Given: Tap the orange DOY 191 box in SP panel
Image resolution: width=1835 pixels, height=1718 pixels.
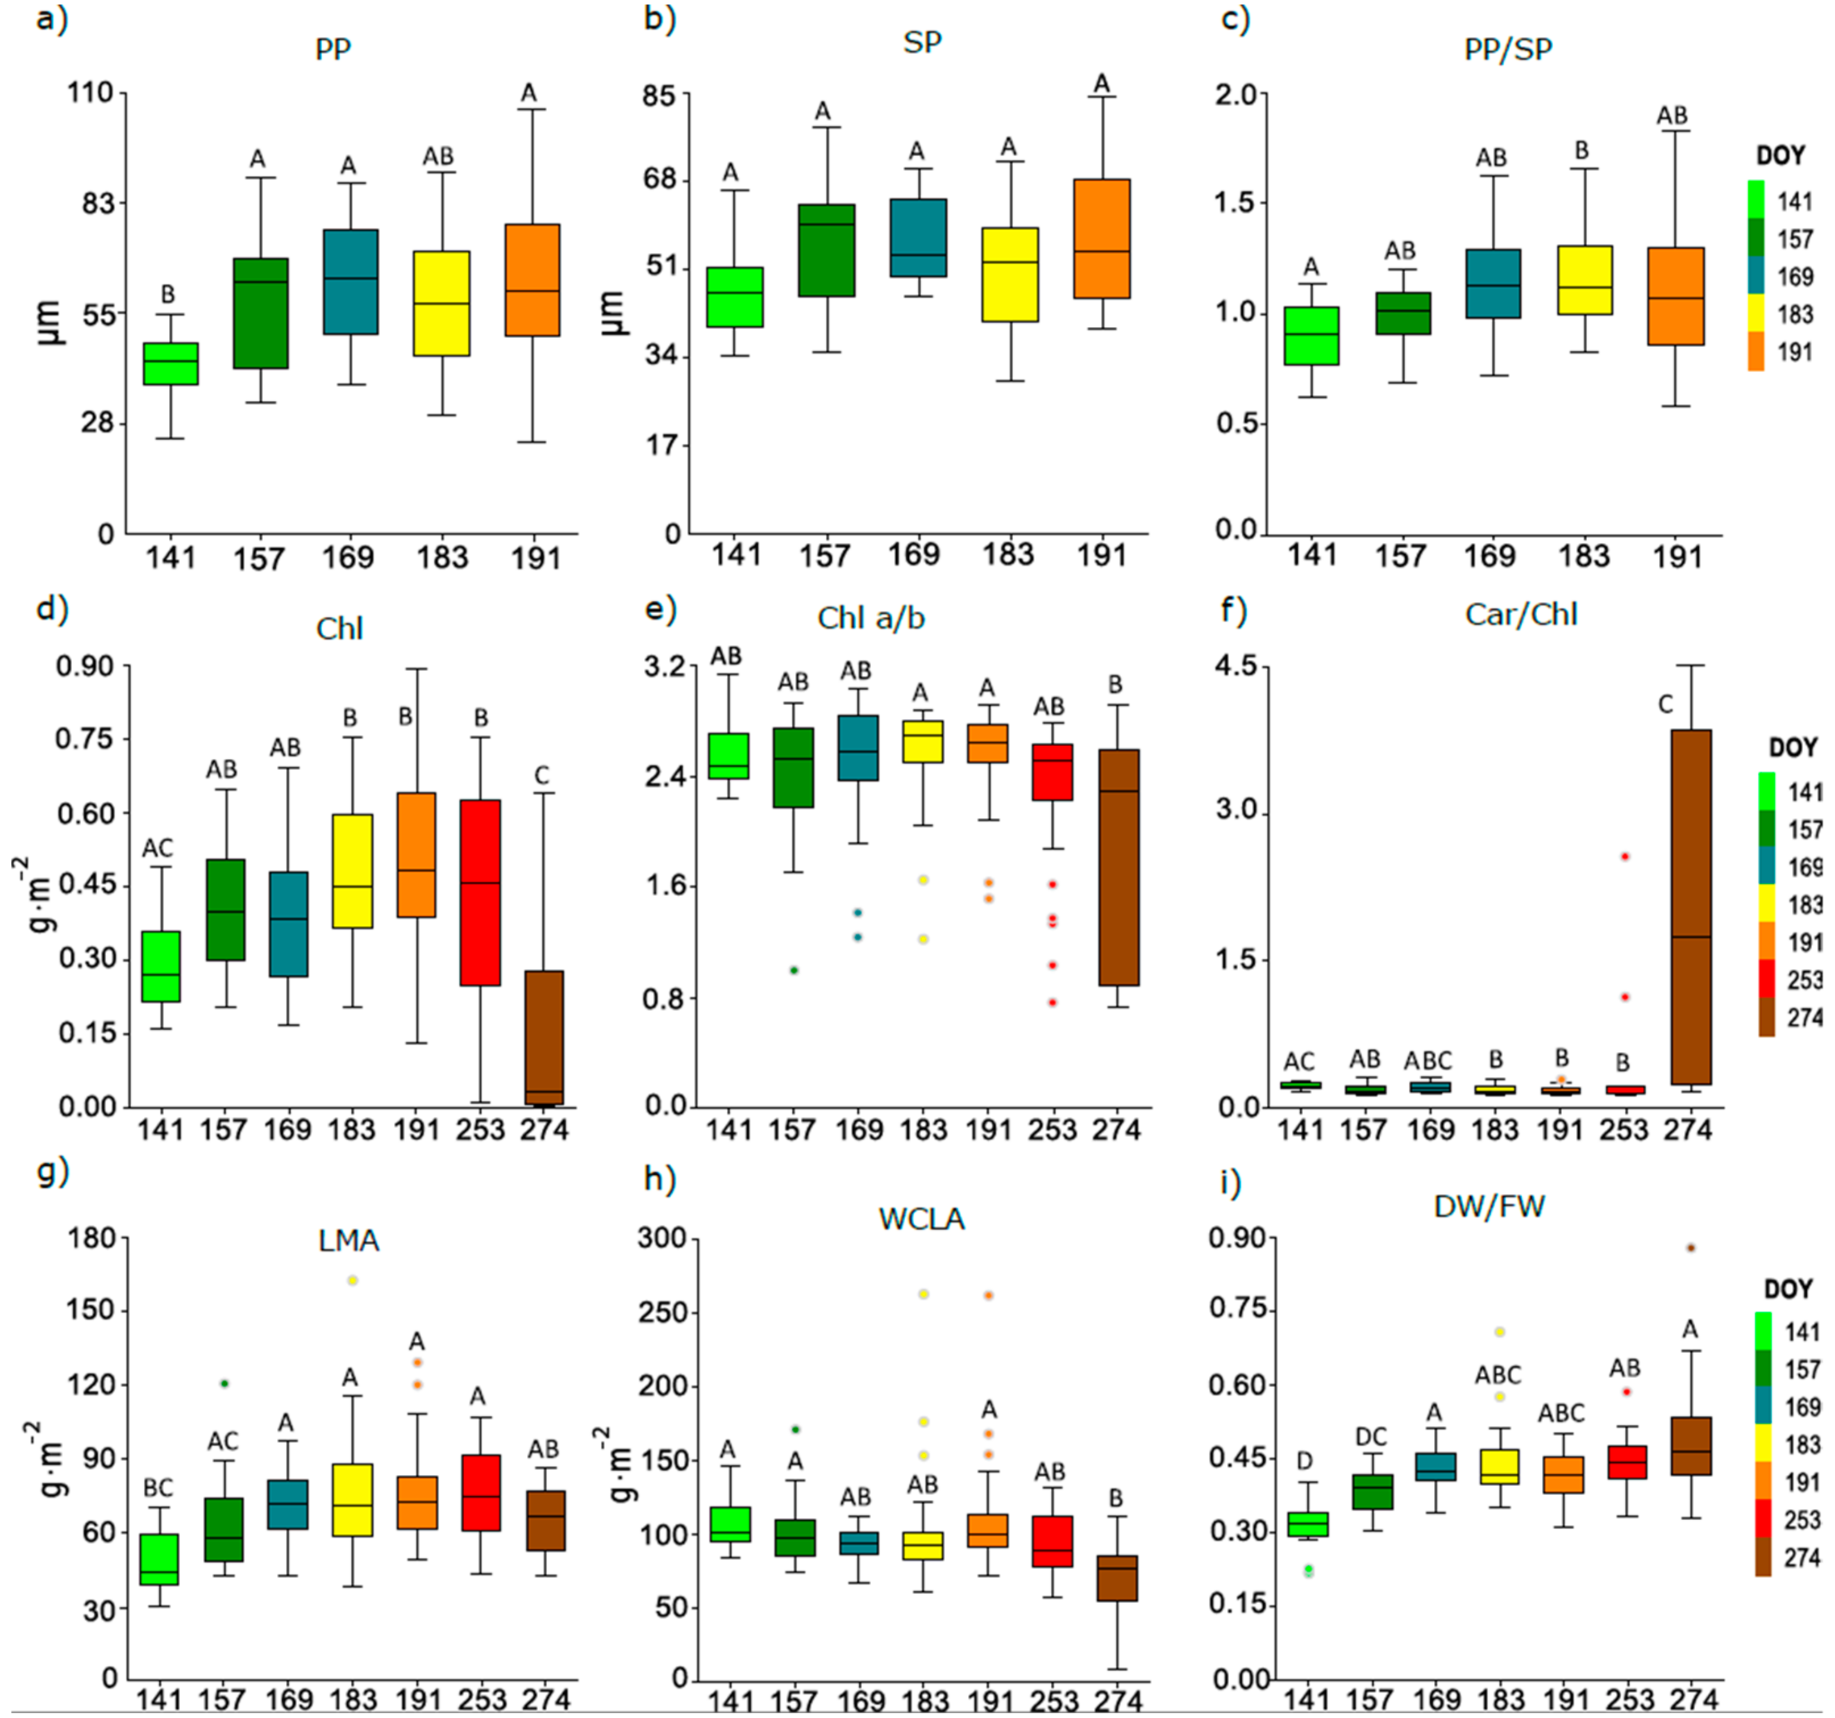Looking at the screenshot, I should point(1101,238).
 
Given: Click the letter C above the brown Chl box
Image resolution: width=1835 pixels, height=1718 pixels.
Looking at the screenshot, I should point(542,775).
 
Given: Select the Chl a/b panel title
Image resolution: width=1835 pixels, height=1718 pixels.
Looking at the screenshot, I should point(871,618).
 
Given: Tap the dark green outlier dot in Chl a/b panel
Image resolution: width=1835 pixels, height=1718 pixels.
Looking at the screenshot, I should point(793,970).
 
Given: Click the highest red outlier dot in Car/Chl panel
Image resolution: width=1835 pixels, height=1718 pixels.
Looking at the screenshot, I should point(1625,856).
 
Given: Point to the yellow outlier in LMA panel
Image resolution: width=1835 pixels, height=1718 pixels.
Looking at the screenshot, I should point(352,1279).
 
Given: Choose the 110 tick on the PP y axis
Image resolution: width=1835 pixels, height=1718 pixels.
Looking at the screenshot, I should point(90,92).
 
